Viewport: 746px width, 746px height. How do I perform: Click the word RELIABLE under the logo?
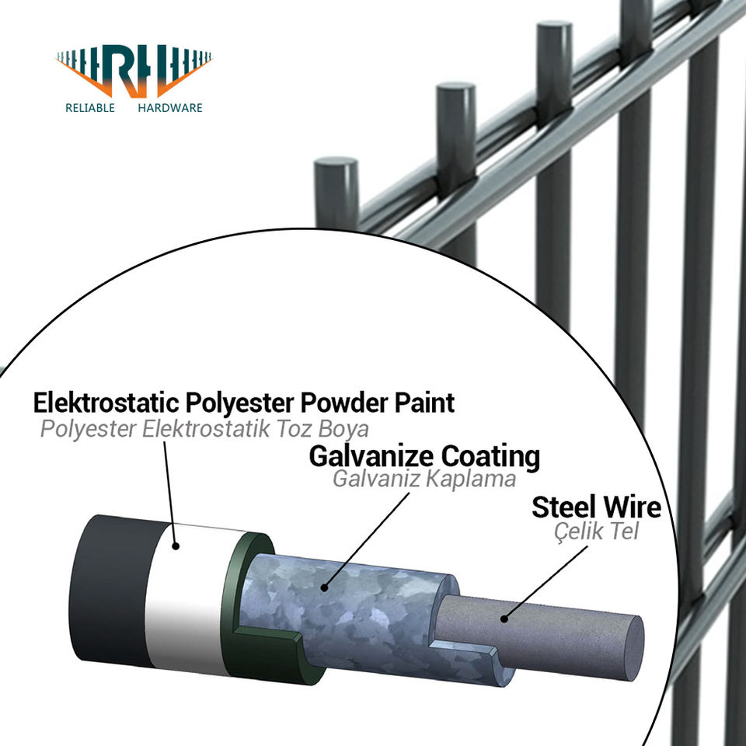point(90,108)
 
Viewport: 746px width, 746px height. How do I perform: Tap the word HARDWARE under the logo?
point(169,108)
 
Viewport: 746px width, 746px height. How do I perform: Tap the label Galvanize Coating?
point(424,456)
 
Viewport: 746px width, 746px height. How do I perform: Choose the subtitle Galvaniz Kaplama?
point(424,479)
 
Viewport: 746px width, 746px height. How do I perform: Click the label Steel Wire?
point(596,507)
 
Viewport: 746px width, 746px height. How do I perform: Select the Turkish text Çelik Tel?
point(596,532)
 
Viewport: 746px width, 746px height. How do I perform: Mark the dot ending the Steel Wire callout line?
point(504,619)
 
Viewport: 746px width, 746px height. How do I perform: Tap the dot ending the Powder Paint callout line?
point(176,546)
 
